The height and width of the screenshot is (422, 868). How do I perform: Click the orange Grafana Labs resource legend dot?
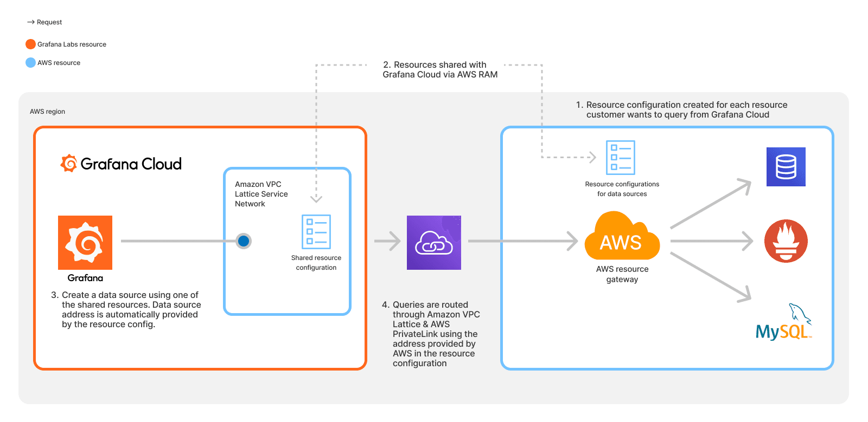(30, 44)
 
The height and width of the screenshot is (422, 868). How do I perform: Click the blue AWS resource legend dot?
(30, 63)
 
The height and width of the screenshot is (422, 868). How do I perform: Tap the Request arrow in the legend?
(31, 22)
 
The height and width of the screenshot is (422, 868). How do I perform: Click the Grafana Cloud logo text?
(130, 164)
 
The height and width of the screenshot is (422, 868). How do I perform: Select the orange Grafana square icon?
(85, 243)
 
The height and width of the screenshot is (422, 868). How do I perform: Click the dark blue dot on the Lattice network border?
(244, 241)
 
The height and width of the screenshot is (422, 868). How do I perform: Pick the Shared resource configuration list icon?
(316, 232)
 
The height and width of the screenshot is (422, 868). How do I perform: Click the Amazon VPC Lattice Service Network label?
(261, 194)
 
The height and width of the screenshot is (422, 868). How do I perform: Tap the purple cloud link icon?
(434, 243)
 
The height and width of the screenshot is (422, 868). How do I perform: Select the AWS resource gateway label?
(622, 274)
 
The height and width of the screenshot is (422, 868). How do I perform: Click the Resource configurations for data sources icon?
(620, 158)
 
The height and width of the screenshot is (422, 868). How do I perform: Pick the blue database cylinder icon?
(786, 167)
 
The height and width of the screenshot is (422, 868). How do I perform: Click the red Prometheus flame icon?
(786, 241)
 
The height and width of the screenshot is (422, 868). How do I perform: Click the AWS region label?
(47, 112)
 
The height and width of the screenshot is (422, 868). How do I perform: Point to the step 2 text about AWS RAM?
(439, 70)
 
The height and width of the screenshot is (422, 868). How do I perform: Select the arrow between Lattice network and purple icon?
(387, 241)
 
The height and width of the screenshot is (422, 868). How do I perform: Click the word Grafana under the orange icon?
(85, 278)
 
